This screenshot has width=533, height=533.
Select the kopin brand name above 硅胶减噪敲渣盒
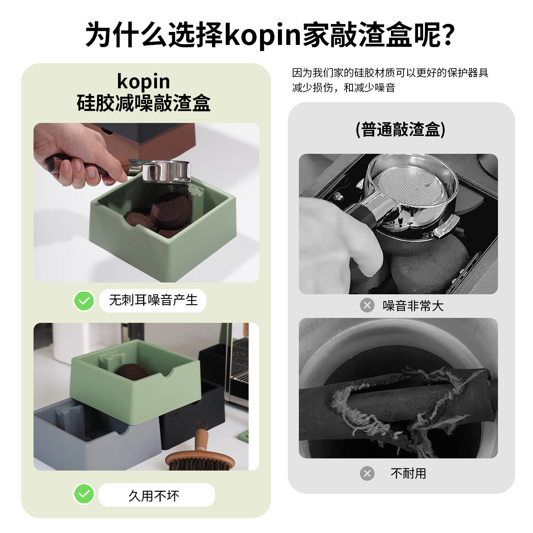(144, 81)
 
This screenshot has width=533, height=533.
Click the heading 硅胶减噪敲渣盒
(144, 103)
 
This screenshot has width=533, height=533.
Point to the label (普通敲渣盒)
(400, 129)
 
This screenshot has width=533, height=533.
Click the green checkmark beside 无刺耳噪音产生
(84, 301)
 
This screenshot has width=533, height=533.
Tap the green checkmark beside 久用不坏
(84, 494)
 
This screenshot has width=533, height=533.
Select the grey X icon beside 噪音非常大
(367, 305)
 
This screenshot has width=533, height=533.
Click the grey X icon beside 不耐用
(367, 473)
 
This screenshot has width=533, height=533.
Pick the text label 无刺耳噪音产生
(153, 300)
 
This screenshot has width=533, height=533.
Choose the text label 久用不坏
(153, 495)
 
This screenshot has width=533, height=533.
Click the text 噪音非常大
(413, 306)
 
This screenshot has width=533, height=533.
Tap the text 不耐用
(408, 473)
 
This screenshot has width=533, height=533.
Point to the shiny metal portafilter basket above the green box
(166, 172)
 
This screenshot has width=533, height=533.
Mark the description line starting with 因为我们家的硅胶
(390, 72)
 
